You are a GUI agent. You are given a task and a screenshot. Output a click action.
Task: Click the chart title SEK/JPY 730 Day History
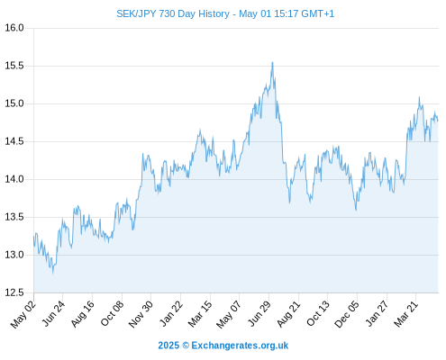click(173, 13)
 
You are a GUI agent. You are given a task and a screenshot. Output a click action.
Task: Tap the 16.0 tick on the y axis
click(14, 28)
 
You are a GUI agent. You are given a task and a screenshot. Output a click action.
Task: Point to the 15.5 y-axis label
click(14, 66)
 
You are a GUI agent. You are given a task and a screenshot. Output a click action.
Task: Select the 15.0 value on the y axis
click(14, 103)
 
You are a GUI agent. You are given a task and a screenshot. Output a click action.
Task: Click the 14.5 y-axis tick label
click(14, 141)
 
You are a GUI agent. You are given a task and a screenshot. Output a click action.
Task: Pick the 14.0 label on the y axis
click(14, 179)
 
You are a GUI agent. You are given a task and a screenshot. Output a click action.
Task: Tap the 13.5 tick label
click(14, 217)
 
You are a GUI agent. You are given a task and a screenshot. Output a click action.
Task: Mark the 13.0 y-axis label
click(14, 255)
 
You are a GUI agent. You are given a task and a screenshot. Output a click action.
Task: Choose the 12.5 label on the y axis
click(14, 292)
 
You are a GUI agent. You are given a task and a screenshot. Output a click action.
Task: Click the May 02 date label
click(23, 314)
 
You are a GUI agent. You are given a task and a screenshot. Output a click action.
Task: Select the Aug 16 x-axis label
click(83, 313)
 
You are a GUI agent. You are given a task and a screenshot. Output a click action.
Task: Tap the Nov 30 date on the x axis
click(141, 314)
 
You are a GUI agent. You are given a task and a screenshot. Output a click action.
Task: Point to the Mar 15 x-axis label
click(200, 314)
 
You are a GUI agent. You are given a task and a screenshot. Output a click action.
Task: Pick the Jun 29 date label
click(259, 313)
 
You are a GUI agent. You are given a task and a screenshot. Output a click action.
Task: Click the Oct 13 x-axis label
click(318, 313)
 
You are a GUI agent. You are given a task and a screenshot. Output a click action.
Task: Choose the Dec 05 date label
click(347, 314)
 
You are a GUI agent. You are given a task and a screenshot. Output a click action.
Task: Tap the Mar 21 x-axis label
click(406, 314)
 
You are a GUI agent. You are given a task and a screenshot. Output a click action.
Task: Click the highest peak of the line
click(272, 62)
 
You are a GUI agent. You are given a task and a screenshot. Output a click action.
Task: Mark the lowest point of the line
click(53, 273)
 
